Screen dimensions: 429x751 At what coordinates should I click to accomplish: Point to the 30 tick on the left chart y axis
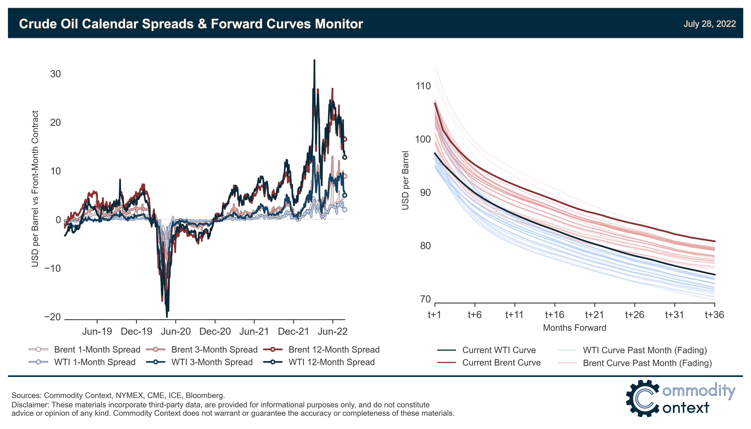(55, 74)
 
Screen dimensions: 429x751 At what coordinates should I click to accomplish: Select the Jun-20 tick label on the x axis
(176, 332)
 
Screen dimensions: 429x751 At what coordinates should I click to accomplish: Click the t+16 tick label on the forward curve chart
(555, 315)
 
